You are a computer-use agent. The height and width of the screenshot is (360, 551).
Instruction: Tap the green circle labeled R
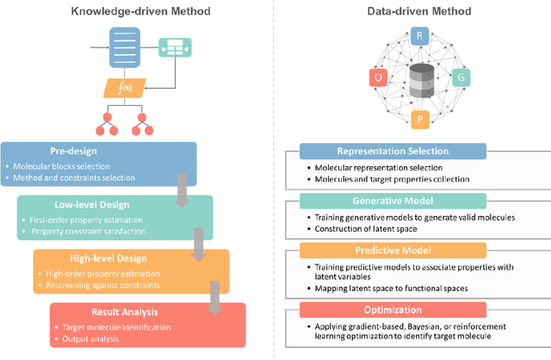pyautogui.click(x=420, y=35)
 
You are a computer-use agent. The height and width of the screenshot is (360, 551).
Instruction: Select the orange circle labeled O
pyautogui.click(x=377, y=78)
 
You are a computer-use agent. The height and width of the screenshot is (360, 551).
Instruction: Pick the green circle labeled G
pyautogui.click(x=461, y=78)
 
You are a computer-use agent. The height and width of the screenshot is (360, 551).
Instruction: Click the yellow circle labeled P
pyautogui.click(x=420, y=118)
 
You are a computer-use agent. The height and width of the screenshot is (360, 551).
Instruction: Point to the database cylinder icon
pyautogui.click(x=420, y=78)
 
